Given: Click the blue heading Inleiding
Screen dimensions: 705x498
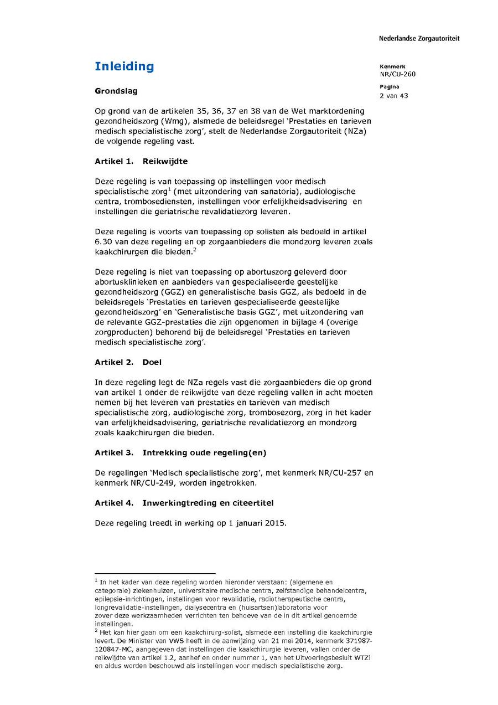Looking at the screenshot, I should [124, 66].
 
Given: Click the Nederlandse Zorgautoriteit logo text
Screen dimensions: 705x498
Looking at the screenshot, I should [419, 39].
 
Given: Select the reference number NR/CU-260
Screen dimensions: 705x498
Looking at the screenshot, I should [397, 74].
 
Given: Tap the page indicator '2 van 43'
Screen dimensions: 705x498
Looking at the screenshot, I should [393, 95].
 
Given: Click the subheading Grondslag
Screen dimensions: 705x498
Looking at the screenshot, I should [116, 91].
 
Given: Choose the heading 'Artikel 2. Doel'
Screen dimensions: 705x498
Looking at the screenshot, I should [128, 362].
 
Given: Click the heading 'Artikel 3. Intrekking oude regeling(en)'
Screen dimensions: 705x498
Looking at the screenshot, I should [180, 452].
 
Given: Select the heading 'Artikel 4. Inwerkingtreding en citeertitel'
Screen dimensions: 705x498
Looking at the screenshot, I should [184, 503].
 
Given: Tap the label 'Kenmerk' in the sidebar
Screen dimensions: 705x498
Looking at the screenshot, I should [392, 66].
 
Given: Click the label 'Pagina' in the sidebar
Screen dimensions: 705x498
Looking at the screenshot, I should [390, 87].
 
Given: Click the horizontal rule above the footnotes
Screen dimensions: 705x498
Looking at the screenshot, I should [155, 573].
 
